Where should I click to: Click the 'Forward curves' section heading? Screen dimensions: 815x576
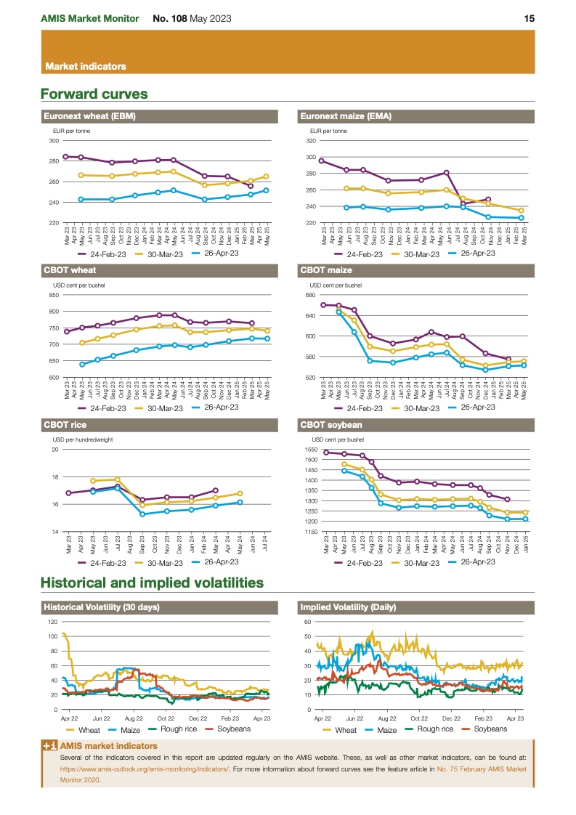click(94, 94)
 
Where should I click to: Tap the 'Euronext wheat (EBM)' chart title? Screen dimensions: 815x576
click(90, 115)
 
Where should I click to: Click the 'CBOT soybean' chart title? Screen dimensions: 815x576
click(330, 425)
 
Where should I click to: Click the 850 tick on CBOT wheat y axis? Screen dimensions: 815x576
click(54, 295)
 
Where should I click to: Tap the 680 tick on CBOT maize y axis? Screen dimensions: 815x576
click(310, 296)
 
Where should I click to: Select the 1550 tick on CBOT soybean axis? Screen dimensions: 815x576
click(310, 450)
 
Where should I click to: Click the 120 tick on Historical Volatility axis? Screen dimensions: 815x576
click(52, 622)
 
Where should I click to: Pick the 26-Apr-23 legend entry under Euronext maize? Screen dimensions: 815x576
click(475, 253)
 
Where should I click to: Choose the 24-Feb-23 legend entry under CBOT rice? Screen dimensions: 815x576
click(102, 563)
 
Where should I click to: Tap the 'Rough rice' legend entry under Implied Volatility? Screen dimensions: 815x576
click(434, 729)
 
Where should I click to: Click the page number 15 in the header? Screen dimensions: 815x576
click(530, 18)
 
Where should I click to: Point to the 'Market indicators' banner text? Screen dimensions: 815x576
click(86, 66)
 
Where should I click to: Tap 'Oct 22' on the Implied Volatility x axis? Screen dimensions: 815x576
click(419, 718)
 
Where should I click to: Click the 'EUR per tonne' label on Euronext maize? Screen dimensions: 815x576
click(329, 131)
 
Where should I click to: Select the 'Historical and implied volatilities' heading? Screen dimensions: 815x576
click(152, 583)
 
